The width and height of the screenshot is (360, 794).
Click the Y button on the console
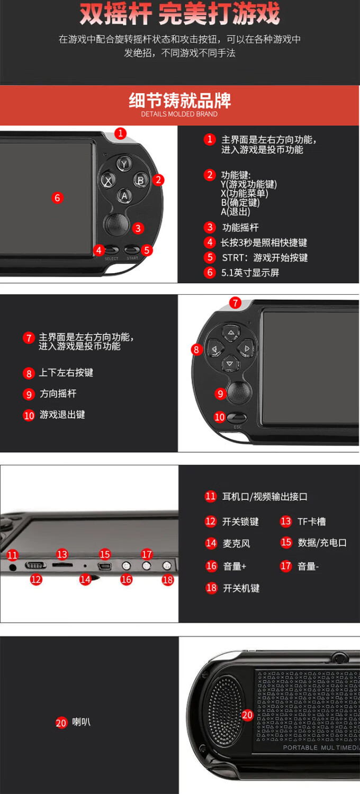coord(124,164)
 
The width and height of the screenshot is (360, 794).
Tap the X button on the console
coord(108,181)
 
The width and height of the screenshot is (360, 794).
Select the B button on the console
coord(140,180)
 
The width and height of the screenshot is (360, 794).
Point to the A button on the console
coord(124,196)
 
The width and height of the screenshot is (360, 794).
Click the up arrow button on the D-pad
coord(230,332)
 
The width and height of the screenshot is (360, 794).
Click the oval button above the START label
coord(132,250)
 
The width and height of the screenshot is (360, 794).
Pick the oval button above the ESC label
coord(237,418)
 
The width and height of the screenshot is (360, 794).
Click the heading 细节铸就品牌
coord(180,101)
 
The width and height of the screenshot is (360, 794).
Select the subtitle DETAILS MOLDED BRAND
coord(179,114)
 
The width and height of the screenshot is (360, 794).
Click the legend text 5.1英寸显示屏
coord(250,273)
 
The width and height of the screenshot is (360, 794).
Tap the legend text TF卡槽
coord(312,521)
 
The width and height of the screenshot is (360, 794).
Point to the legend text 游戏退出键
coord(62,414)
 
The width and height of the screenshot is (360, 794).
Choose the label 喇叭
coord(81,721)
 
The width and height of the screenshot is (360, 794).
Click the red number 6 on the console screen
coord(58,198)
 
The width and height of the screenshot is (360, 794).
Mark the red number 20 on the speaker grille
coord(247,715)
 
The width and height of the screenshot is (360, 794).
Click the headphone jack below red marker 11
coord(12,567)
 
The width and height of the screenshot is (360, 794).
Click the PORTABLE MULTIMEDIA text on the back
coord(321,747)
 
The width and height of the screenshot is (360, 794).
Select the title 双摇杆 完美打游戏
coord(180,14)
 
